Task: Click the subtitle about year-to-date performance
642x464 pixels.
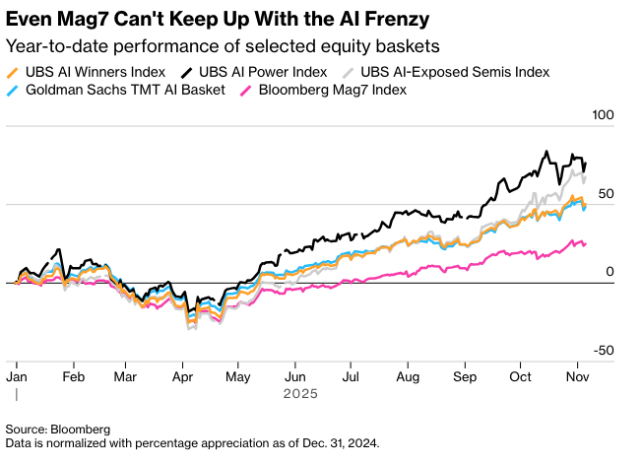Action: coord(222,46)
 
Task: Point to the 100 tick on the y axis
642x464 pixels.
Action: coord(601,115)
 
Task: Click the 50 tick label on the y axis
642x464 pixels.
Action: coord(605,194)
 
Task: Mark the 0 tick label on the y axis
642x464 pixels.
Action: coord(609,272)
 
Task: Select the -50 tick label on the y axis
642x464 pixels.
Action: coord(603,351)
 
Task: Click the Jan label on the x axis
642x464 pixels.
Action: coord(17,376)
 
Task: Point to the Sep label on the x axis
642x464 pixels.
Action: coord(465,376)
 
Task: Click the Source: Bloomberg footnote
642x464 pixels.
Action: coord(57,430)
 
